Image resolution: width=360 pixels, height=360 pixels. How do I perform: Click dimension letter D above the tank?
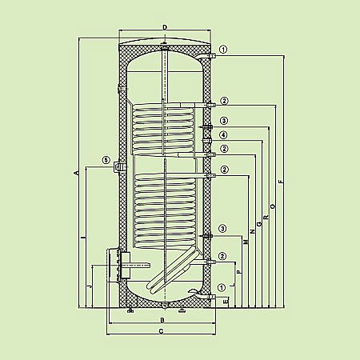[x=163, y=27]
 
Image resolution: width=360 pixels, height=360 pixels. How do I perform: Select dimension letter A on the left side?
[x=74, y=173]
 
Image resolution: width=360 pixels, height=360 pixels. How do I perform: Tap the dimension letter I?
[x=82, y=238]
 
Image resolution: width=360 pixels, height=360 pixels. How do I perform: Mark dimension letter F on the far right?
[x=280, y=182]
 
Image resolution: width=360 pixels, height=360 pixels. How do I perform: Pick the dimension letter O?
[x=273, y=206]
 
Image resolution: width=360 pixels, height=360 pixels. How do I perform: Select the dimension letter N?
[x=252, y=231]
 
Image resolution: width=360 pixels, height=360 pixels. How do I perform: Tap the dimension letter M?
[x=246, y=241]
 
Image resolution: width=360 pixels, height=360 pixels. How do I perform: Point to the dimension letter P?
[x=239, y=273]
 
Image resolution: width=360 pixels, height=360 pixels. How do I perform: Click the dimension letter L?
[x=233, y=286]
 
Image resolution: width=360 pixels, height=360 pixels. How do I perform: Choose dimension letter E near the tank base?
[x=226, y=301]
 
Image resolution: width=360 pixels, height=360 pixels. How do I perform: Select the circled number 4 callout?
[x=225, y=134]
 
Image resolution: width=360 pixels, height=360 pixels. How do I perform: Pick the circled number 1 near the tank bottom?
[x=221, y=288]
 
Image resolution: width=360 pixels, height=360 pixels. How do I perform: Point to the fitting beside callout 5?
[x=119, y=166]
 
